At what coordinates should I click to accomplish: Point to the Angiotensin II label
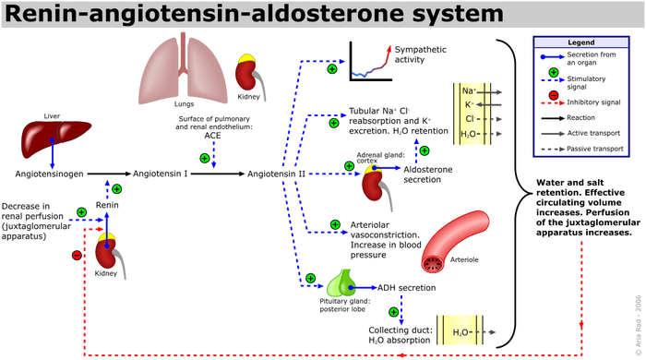(278, 173)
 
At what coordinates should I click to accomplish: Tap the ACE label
(213, 134)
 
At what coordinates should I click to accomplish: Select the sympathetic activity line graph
(367, 59)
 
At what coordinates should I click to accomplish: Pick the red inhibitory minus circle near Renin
(77, 255)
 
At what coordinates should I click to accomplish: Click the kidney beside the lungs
(247, 68)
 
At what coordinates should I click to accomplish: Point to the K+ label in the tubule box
(470, 105)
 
